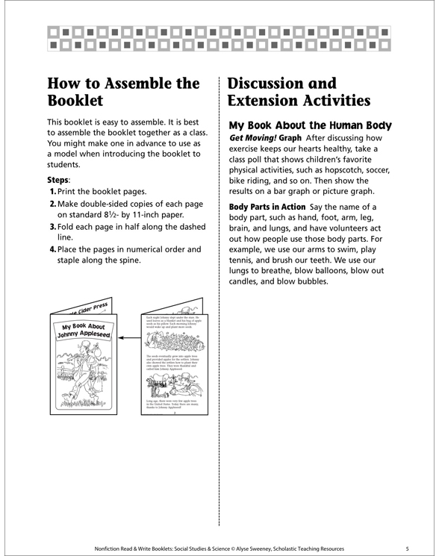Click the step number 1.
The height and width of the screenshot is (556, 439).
[52, 193]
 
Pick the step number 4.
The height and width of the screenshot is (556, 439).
[52, 249]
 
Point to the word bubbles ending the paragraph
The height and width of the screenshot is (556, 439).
[307, 281]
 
